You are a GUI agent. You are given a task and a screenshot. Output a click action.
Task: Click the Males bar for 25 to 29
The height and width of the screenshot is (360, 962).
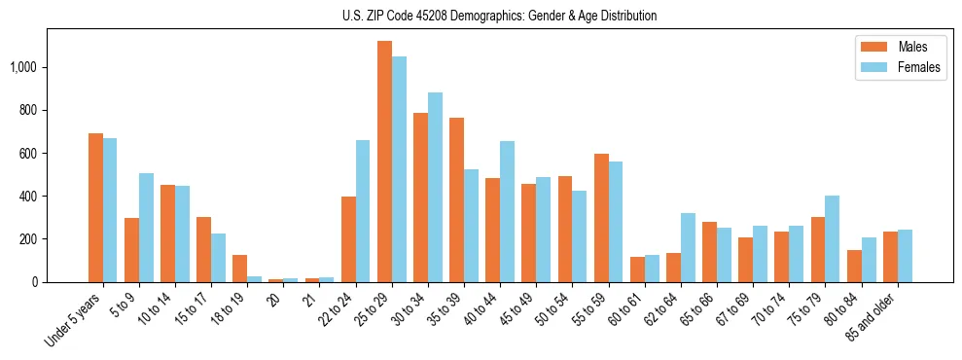384,162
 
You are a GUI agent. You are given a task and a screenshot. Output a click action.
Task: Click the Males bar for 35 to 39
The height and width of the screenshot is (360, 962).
456,199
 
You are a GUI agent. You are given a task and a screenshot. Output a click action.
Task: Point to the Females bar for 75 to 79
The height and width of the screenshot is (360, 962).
833,238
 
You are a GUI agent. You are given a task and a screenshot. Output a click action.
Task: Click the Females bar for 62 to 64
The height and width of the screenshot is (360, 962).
688,247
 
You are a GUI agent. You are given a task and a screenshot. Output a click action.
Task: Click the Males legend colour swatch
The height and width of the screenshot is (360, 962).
873,47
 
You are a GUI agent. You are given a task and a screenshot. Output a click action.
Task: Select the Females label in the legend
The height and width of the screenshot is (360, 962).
919,67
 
